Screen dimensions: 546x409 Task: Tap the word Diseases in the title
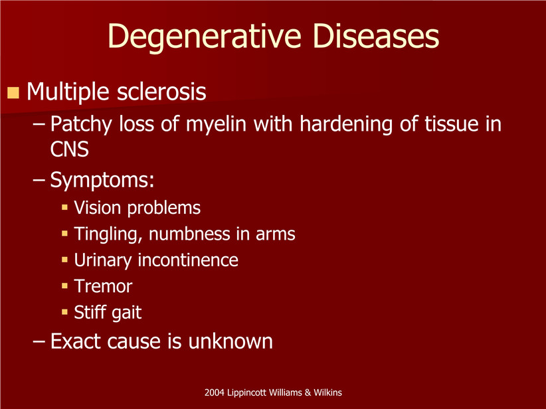point(376,37)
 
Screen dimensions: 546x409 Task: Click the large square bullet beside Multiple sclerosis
point(13,92)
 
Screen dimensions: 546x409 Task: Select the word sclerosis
point(161,92)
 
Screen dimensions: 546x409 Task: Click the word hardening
point(346,125)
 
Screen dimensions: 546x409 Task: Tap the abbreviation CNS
point(69,149)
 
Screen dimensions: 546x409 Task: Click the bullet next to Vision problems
point(64,207)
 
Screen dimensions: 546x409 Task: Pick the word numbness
point(190,234)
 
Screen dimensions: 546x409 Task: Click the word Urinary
point(103,260)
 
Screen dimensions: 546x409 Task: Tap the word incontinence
point(188,260)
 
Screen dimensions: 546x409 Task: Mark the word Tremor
point(103,286)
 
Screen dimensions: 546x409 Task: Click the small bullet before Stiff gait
point(64,312)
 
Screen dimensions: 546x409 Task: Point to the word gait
point(128,313)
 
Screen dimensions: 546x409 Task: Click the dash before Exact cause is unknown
point(39,341)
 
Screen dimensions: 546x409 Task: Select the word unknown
point(230,341)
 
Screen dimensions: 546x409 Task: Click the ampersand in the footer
point(308,392)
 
